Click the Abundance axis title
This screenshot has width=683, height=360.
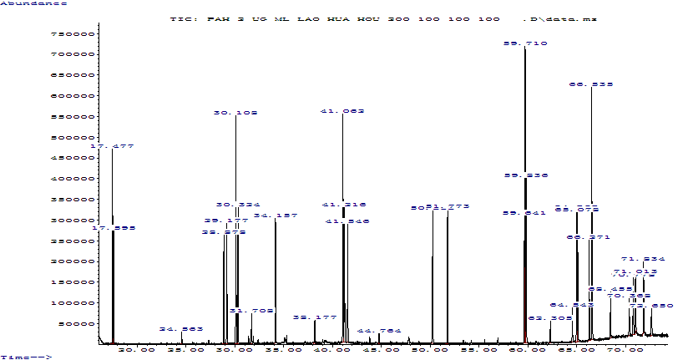[x=34, y=3]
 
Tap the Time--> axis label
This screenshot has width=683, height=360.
[x=28, y=357]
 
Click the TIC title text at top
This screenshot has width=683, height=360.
[x=383, y=18]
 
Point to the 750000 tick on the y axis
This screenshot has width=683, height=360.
[x=73, y=34]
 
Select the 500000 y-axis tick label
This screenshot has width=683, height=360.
[x=73, y=138]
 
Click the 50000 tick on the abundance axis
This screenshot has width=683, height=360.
[x=76, y=323]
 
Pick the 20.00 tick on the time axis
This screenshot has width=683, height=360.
[x=137, y=349]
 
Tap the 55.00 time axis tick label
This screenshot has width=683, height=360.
[x=478, y=349]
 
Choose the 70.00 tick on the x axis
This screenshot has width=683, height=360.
[x=624, y=349]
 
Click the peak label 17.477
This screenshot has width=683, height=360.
[x=112, y=146]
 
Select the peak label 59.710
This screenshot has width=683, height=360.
[x=525, y=43]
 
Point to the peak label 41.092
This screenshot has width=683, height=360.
[x=342, y=111]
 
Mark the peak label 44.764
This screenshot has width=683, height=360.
[x=379, y=331]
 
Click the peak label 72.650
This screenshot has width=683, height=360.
[x=650, y=306]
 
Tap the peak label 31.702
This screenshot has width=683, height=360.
[x=251, y=311]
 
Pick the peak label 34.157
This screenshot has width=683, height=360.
[x=276, y=215]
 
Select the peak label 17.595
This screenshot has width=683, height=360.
[x=114, y=228]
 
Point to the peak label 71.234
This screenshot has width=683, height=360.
[x=643, y=259]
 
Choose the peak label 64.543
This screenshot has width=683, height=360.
[x=572, y=305]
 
